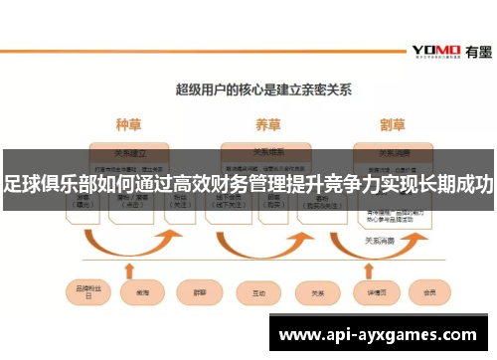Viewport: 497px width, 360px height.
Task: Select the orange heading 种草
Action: pyautogui.click(x=129, y=125)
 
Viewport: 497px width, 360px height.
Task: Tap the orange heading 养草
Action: pyautogui.click(x=267, y=125)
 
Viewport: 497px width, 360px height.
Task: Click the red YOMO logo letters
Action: pyautogui.click(x=434, y=51)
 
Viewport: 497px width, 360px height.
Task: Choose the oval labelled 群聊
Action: pyautogui.click(x=198, y=293)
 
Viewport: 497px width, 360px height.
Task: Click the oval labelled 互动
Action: pyautogui.click(x=258, y=293)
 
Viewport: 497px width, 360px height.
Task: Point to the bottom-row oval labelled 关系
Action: pyautogui.click(x=319, y=293)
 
